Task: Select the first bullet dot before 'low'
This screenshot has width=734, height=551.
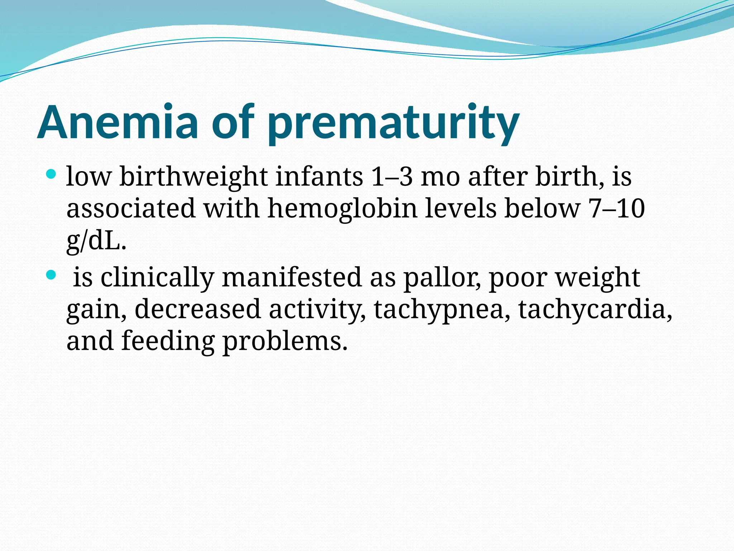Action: (x=52, y=175)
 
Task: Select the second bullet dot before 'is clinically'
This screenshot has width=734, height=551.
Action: (x=52, y=275)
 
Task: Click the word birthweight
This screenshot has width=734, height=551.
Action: (x=193, y=177)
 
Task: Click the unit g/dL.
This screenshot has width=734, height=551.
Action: (x=96, y=241)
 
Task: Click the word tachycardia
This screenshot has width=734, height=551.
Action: (x=595, y=310)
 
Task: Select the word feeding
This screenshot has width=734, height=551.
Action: (x=168, y=341)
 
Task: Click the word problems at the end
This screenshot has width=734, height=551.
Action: (x=285, y=341)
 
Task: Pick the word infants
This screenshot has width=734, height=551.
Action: (x=319, y=177)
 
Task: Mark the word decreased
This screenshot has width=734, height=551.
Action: (x=197, y=309)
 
